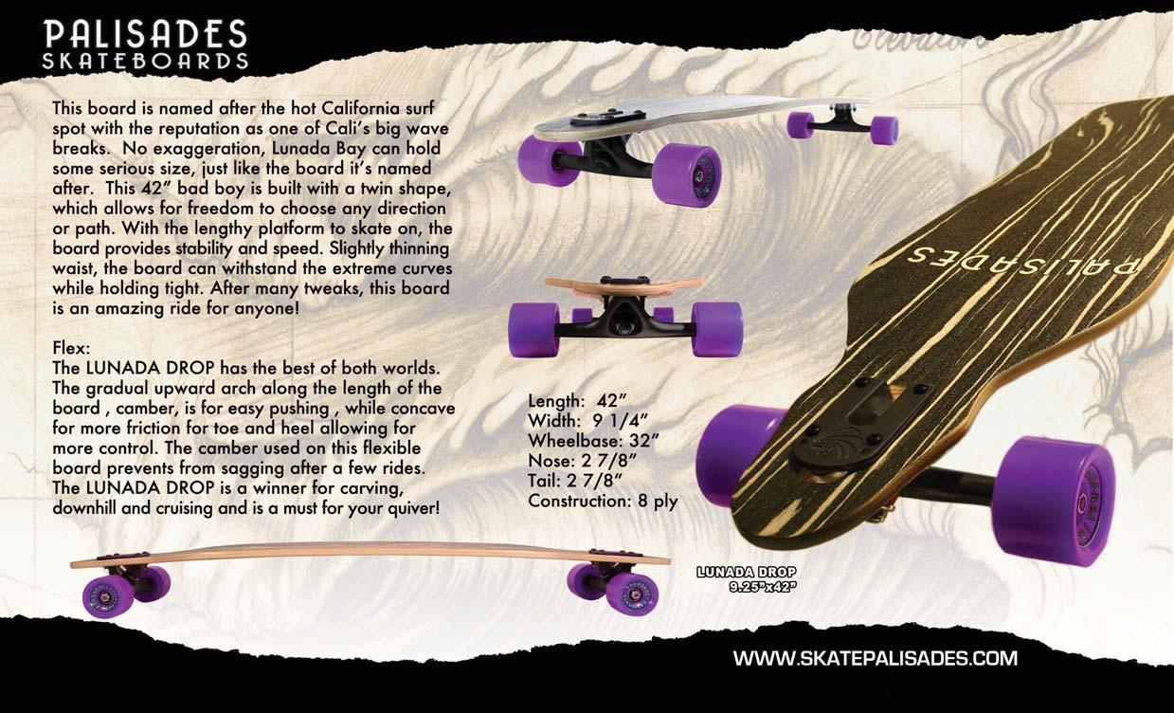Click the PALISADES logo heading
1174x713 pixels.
tap(146, 34)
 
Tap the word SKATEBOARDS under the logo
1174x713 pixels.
tap(146, 61)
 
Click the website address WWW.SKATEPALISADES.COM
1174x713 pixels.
tap(876, 658)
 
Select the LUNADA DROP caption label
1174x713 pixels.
tap(746, 572)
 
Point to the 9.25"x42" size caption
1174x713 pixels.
tap(762, 587)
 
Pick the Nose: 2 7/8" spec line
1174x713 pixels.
tap(581, 460)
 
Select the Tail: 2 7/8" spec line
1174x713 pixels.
tap(575, 480)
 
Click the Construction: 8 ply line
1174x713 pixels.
tap(603, 501)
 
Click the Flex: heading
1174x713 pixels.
tap(71, 348)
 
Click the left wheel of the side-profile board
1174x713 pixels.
tap(109, 595)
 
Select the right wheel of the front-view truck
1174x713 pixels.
tap(715, 329)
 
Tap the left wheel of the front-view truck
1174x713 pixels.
tap(533, 329)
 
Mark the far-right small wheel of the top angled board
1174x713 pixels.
tap(884, 130)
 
